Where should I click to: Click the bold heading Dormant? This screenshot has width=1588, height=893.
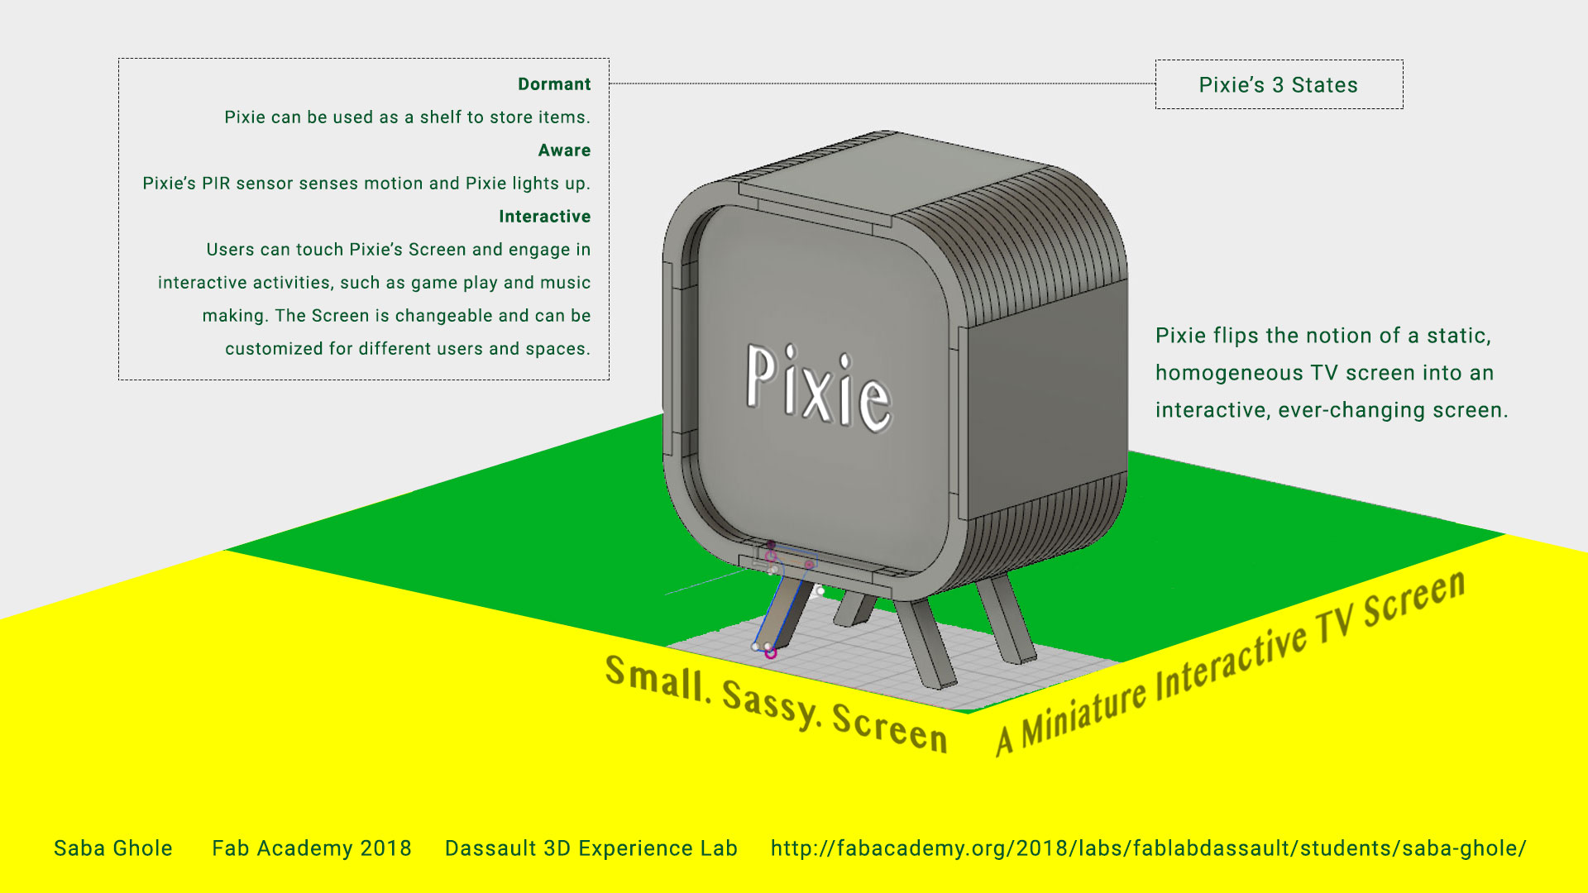click(x=554, y=84)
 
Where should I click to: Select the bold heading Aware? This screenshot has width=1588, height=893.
click(x=564, y=150)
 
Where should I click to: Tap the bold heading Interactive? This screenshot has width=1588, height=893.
click(x=544, y=217)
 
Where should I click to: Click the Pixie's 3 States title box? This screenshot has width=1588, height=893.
click(x=1279, y=84)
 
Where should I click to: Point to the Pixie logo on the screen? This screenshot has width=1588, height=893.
click(x=819, y=389)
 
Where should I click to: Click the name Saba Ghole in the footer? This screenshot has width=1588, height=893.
click(x=113, y=848)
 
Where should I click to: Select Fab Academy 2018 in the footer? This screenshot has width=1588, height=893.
click(x=312, y=848)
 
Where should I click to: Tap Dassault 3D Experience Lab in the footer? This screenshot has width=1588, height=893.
click(x=591, y=848)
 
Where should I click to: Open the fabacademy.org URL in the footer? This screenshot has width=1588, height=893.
click(x=1149, y=848)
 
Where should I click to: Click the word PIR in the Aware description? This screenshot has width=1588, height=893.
click(x=216, y=184)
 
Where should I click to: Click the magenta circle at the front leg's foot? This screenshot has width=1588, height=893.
click(x=771, y=653)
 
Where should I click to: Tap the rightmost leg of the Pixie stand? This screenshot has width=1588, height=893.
click(x=1005, y=620)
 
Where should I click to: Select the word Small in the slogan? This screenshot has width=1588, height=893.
click(x=655, y=678)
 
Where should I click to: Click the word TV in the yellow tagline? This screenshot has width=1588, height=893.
click(x=1333, y=623)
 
